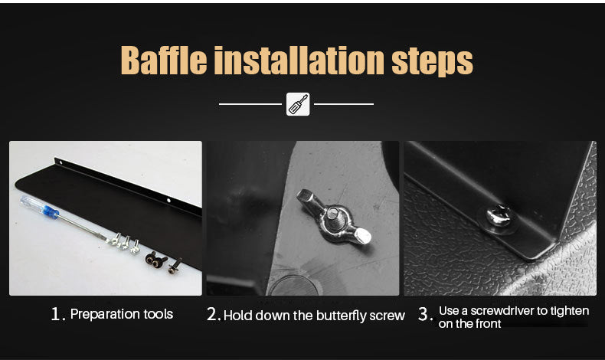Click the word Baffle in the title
[164, 61]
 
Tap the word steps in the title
[432, 62]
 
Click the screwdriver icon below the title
[298, 104]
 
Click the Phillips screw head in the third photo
[499, 216]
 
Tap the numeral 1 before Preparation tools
[56, 314]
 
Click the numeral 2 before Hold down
[213, 314]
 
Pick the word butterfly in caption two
[341, 316]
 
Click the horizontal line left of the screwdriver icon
[250, 104]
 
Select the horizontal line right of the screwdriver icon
[344, 104]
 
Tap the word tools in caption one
[159, 314]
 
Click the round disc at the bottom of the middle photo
[294, 286]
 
